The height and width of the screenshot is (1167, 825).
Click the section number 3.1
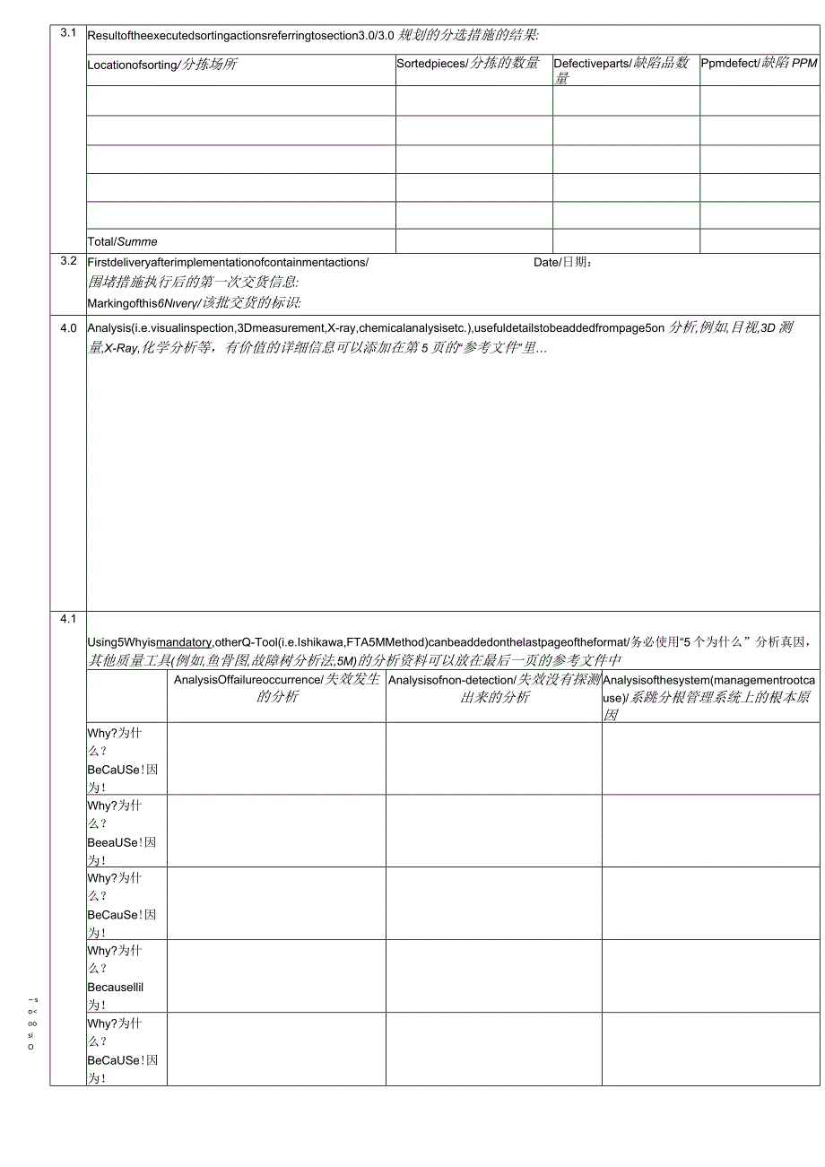pyautogui.click(x=68, y=33)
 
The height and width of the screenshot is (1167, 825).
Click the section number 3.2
pyautogui.click(x=68, y=261)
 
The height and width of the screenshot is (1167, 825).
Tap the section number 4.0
pyautogui.click(x=68, y=327)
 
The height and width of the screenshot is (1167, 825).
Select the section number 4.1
pyautogui.click(x=68, y=619)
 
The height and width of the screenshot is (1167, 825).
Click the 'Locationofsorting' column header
pyautogui.click(x=162, y=65)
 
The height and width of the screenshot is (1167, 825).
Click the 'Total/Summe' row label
pyautogui.click(x=123, y=241)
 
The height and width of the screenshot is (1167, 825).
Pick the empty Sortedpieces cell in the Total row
pyautogui.click(x=473, y=240)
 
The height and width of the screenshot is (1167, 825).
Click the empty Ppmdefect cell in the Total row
pyautogui.click(x=759, y=240)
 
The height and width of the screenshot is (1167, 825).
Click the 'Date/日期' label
pyautogui.click(x=562, y=262)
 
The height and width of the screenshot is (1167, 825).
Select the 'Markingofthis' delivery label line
pyautogui.click(x=194, y=302)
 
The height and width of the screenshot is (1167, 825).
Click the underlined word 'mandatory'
pyautogui.click(x=184, y=641)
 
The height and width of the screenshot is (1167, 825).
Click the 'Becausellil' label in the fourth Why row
pyautogui.click(x=116, y=987)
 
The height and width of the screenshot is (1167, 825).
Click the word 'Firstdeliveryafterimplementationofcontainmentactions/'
pyautogui.click(x=228, y=262)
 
